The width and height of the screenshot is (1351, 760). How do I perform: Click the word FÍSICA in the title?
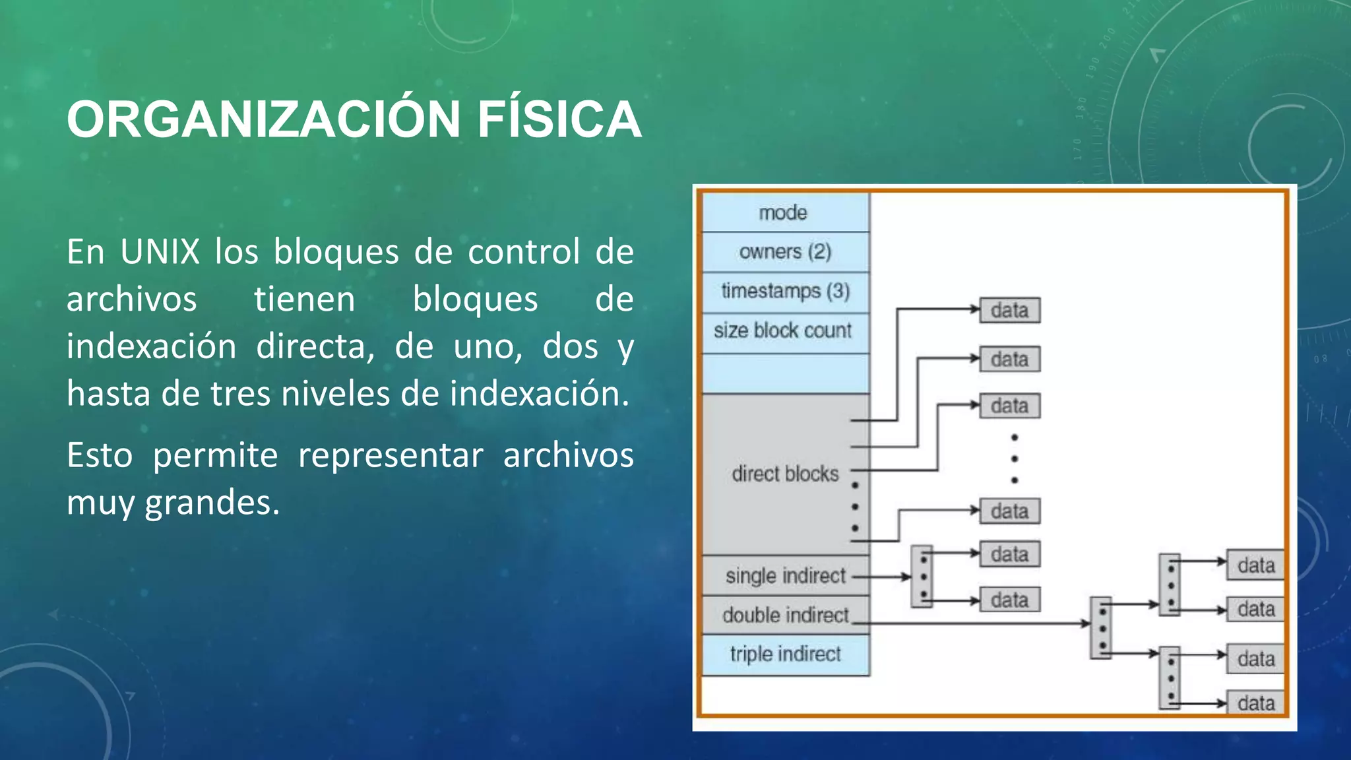[559, 119]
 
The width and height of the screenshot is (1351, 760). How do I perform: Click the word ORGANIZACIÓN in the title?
[263, 119]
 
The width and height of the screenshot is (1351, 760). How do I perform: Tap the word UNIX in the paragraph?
[160, 252]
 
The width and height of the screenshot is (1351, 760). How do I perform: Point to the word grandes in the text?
[212, 503]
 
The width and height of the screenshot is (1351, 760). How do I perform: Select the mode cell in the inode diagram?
[784, 212]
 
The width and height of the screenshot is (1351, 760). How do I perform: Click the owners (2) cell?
[785, 252]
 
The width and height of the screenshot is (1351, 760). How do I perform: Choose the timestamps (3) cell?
[785, 291]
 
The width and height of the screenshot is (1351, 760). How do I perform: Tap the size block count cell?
[783, 331]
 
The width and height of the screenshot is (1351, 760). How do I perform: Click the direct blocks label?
[784, 474]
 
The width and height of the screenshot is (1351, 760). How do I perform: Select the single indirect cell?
[785, 576]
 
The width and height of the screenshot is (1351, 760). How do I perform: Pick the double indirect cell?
[785, 615]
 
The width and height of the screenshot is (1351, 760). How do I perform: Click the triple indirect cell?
[785, 654]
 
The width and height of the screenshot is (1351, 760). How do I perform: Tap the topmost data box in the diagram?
[1009, 310]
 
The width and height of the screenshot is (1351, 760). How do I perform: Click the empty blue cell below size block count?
[785, 373]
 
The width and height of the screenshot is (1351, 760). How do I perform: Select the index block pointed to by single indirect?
[922, 576]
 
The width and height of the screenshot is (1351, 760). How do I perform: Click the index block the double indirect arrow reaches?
[1101, 627]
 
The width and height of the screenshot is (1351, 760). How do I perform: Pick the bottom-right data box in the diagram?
[1255, 703]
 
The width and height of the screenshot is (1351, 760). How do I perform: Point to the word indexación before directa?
[151, 347]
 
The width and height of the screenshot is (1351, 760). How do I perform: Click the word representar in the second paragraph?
[391, 455]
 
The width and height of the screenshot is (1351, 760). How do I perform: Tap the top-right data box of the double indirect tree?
[1255, 565]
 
